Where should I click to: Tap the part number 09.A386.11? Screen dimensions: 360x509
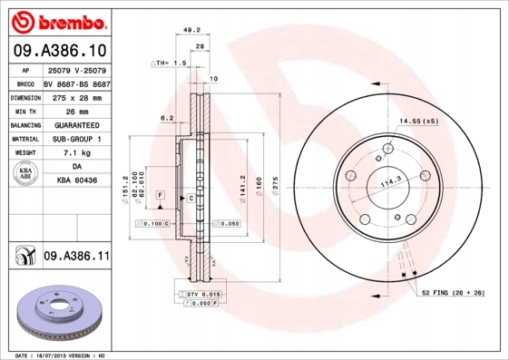coord(76,258)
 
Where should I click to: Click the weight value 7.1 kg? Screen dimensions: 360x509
coord(77,153)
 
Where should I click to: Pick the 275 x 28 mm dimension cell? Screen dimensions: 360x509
coord(77,96)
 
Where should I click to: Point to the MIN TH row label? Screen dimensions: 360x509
coord(24,111)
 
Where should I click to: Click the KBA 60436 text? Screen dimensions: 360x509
coord(77,181)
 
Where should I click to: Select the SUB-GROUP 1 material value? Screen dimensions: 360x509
coord(77,139)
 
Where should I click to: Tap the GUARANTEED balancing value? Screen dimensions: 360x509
coord(77,124)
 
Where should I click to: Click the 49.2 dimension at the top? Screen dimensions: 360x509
coord(191,29)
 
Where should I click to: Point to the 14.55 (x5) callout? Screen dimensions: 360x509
coord(418,121)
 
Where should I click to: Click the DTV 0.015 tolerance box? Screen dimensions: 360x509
coord(201,295)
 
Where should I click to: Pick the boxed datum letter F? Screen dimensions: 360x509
coord(160,196)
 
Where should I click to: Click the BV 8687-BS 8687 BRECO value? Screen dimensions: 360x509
coord(77,83)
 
